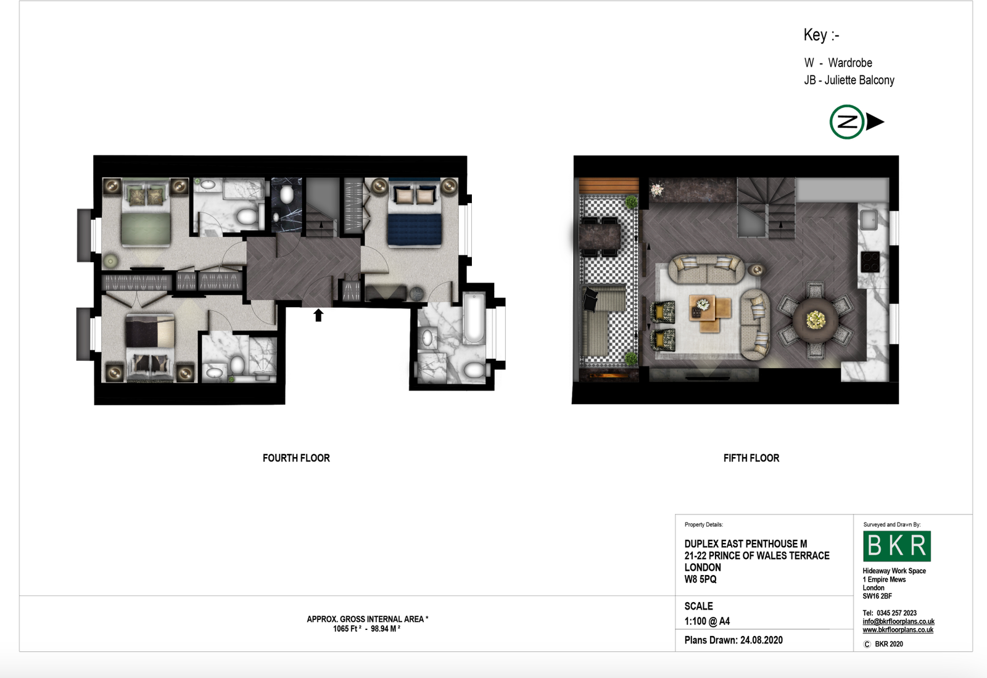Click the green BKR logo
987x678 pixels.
point(897,546)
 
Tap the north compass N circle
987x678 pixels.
point(846,122)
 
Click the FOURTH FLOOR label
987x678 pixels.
point(296,458)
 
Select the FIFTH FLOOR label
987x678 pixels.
point(751,458)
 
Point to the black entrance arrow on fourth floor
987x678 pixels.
point(318,315)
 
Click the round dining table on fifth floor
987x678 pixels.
point(815,320)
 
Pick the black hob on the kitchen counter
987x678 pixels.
point(870,262)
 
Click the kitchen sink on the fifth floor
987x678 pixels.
point(869,220)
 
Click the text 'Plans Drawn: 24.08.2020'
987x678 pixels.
point(733,640)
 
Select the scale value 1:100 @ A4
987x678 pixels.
point(707,621)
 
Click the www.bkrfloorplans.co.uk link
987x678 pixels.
point(898,630)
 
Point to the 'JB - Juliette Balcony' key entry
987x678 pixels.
point(849,80)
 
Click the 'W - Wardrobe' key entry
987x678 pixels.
point(838,62)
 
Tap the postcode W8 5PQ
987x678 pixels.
point(701,579)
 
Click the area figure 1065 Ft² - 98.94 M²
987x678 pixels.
point(366,629)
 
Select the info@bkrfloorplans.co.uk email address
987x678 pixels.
point(898,622)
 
